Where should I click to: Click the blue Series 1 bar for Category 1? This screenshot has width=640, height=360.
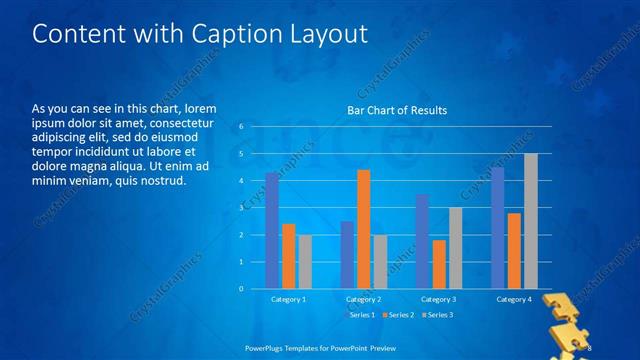(272, 231)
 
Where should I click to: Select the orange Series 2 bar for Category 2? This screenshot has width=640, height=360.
(364, 229)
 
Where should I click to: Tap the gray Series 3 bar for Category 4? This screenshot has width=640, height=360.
(531, 221)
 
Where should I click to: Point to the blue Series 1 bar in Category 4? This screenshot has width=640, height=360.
(498, 228)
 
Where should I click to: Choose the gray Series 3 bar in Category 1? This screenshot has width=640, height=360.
(305, 262)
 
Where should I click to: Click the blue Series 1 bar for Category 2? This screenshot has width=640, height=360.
(347, 255)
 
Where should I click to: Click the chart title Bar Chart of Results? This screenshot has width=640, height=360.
(397, 110)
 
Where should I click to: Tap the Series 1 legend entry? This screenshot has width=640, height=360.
(361, 315)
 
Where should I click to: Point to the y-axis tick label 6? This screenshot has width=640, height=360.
(241, 127)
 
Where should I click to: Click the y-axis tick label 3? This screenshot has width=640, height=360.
(241, 208)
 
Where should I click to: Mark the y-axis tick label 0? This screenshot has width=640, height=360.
(241, 289)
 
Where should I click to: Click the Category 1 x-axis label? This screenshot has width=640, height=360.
(289, 299)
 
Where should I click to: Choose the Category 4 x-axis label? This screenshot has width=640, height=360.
(514, 299)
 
